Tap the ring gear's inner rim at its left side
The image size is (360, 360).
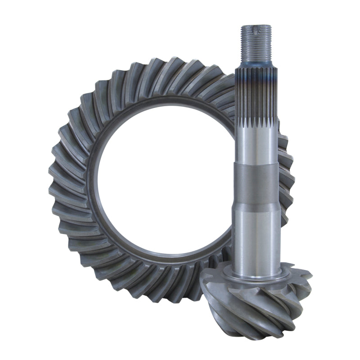pos(92,180)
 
